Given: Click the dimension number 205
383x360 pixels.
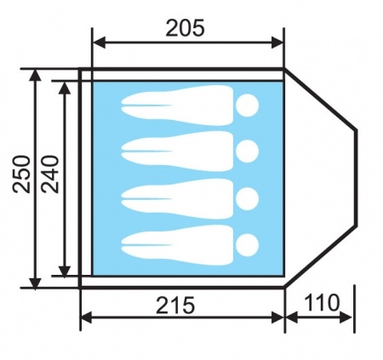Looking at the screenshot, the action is [185, 28].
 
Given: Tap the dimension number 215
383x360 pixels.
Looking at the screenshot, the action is [175, 306].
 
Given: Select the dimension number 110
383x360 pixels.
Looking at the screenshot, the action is [322, 302].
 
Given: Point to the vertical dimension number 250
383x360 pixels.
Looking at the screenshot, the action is [21, 174].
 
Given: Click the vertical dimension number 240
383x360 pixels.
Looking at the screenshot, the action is [50, 174].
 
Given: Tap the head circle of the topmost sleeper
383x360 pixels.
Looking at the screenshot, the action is [247, 106].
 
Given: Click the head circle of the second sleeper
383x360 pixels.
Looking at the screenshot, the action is [247, 151].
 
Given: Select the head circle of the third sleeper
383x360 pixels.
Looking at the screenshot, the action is [247, 199].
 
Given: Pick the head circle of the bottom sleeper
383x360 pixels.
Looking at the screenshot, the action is [247, 245].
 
